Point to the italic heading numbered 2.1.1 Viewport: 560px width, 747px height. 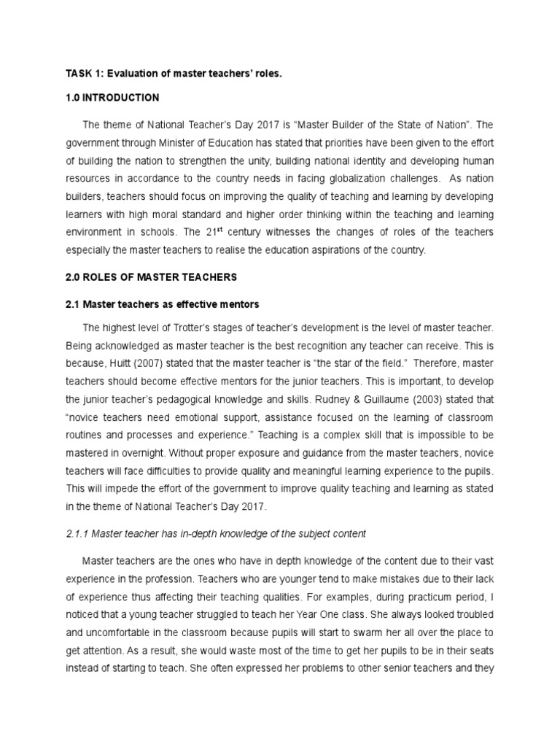pyautogui.click(x=216, y=533)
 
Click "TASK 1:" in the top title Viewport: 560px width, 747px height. pyautogui.click(x=85, y=73)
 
